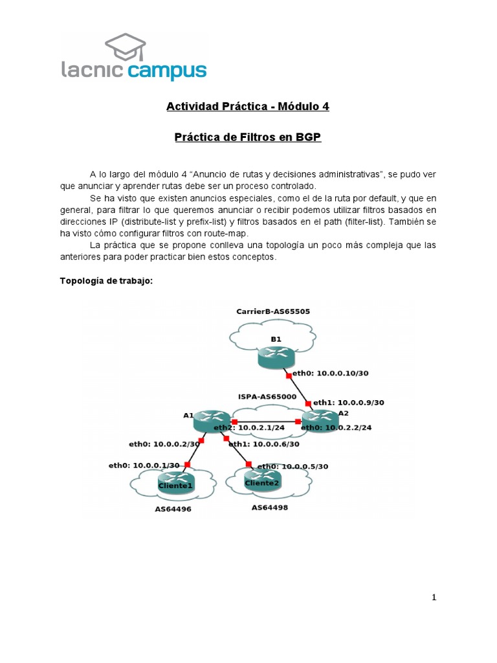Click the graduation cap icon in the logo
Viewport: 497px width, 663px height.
coord(126,47)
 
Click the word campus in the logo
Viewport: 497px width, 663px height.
coord(167,71)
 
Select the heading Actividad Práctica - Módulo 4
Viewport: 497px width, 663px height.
coord(248,106)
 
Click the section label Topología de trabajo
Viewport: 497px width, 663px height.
coord(106,280)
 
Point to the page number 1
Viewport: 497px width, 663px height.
coord(434,598)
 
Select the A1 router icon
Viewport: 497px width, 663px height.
coord(211,421)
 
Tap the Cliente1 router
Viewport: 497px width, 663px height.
coord(176,482)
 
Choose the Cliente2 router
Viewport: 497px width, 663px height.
coord(263,480)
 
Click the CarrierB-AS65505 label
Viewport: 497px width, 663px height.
coord(273,311)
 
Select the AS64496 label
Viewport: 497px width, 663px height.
coord(173,509)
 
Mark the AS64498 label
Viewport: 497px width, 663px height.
coord(270,508)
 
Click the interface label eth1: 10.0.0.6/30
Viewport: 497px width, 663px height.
coord(263,444)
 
